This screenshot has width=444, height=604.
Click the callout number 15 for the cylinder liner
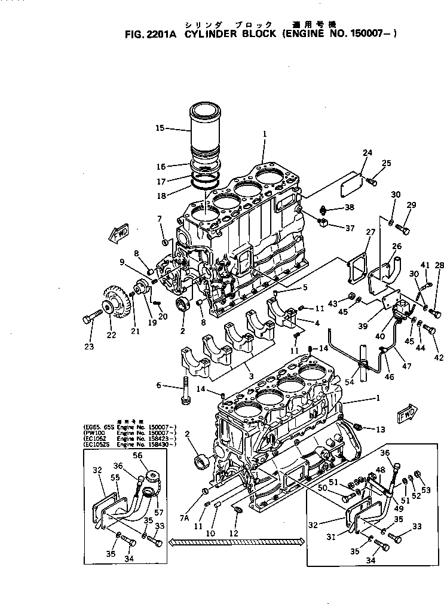(159, 128)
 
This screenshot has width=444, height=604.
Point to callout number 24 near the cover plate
(367, 153)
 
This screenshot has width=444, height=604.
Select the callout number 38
(349, 207)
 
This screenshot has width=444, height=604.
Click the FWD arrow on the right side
(408, 413)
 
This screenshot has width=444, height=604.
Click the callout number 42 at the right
(439, 358)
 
